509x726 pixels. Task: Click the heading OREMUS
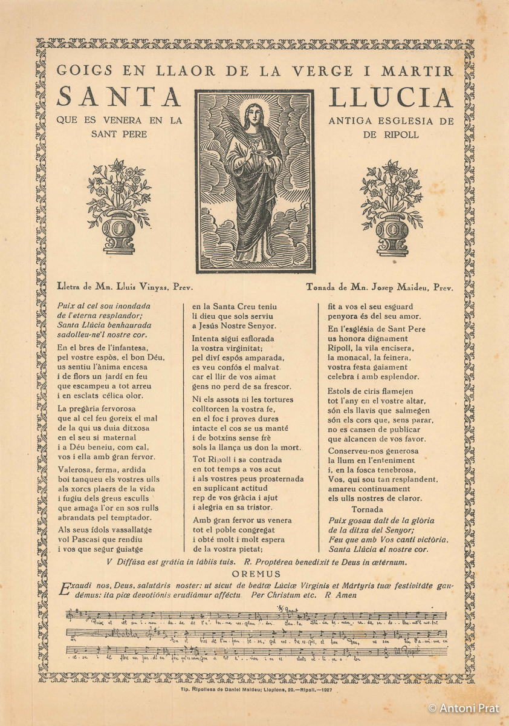point(256,574)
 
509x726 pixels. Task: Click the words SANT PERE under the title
point(119,134)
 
